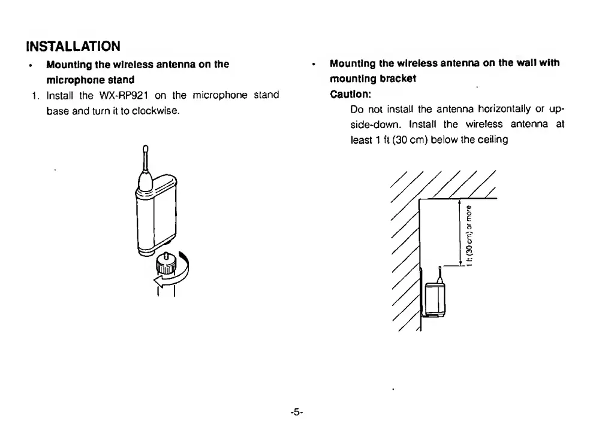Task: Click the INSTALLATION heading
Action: [x=73, y=46]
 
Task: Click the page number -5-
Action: [x=297, y=412]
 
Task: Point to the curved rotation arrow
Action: [x=173, y=273]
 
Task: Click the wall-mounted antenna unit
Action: [x=435, y=298]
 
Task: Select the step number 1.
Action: [x=35, y=95]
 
